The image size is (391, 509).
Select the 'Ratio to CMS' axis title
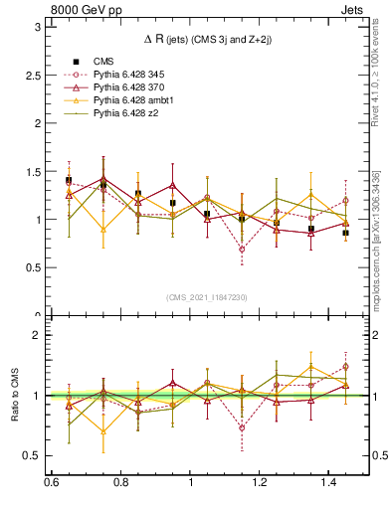(x=14, y=396)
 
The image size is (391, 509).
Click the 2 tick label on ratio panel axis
(x=38, y=335)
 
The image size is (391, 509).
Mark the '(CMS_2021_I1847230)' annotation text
(x=206, y=297)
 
